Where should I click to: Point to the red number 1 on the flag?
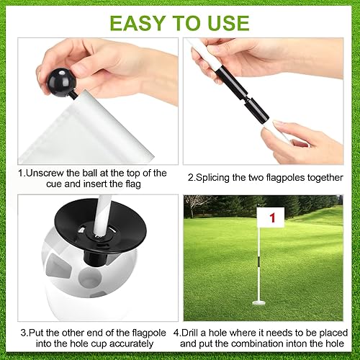(x=271, y=217)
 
